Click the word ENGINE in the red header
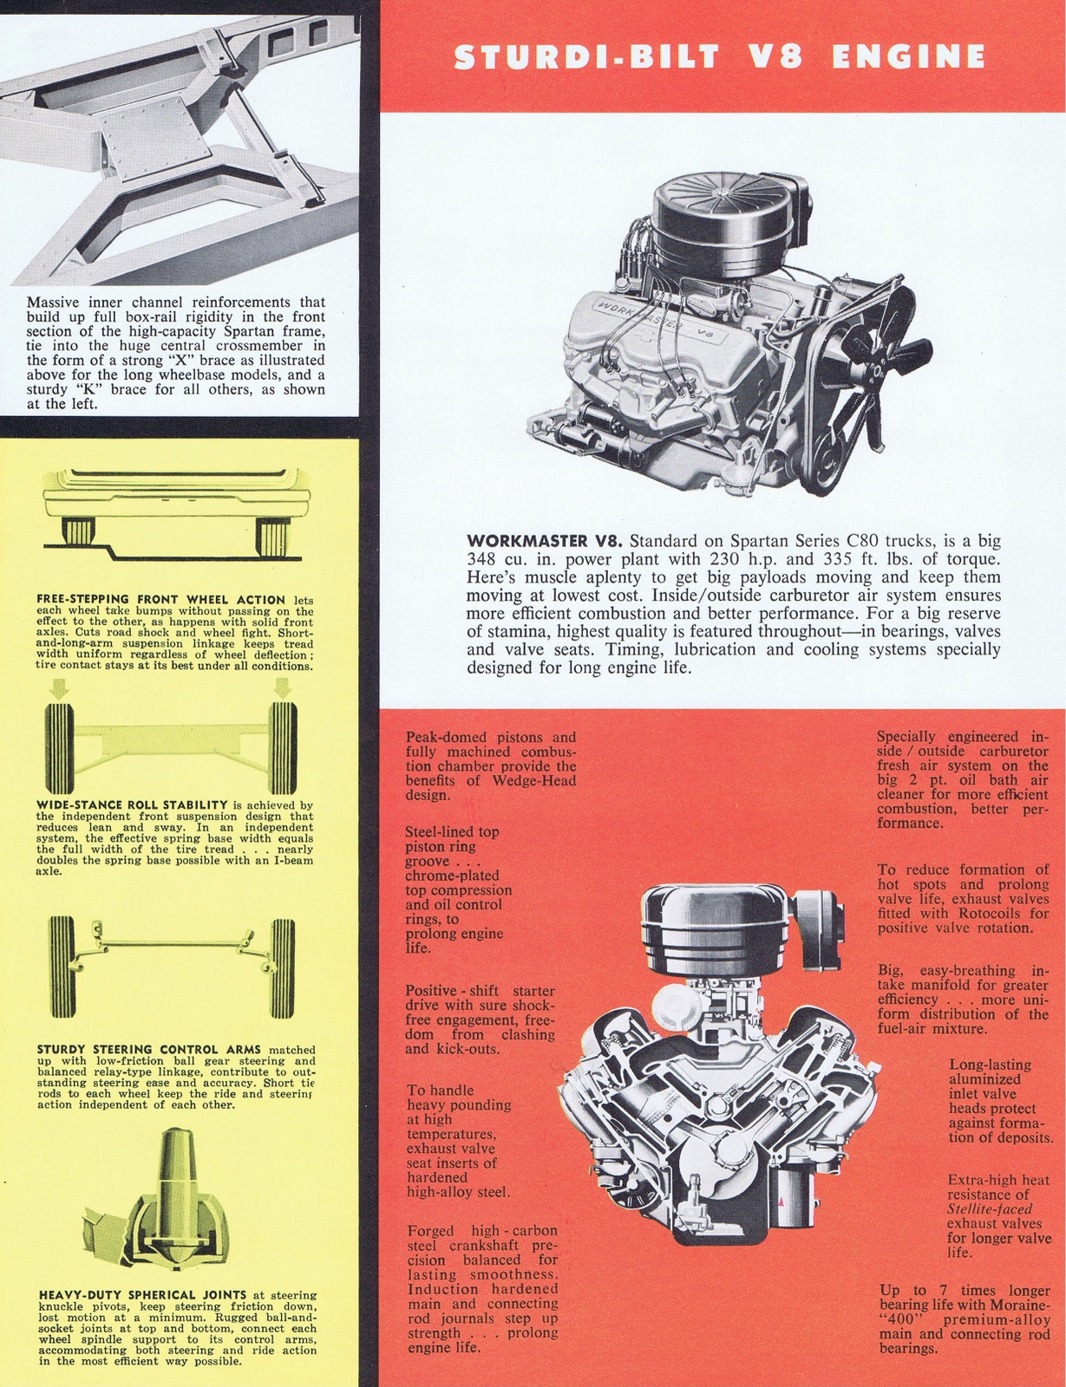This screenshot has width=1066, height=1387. (x=908, y=57)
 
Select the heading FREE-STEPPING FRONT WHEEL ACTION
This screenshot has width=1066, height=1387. (x=161, y=599)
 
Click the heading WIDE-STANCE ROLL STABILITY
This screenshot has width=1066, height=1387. (x=132, y=804)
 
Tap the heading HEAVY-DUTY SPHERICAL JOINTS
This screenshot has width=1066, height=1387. (x=143, y=1295)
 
